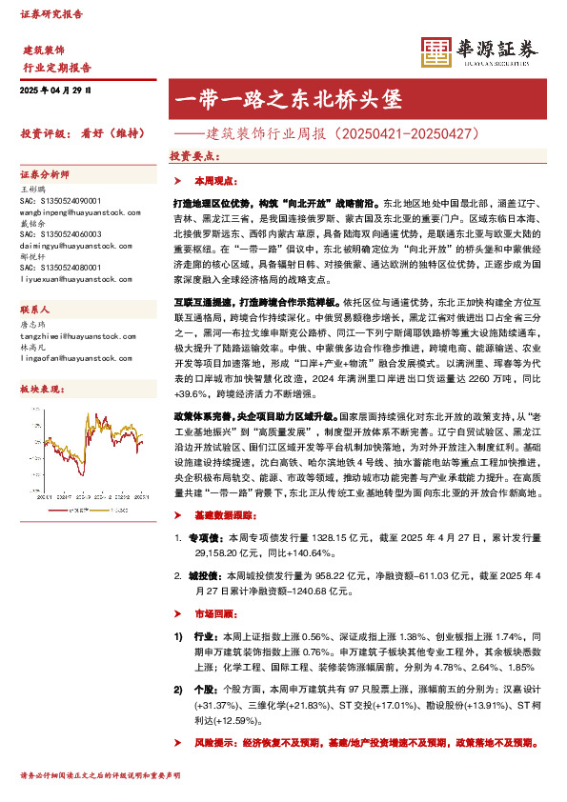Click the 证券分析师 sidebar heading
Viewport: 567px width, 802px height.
45,175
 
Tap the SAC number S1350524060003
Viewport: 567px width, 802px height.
60,234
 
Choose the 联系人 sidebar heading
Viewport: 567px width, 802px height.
35,311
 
